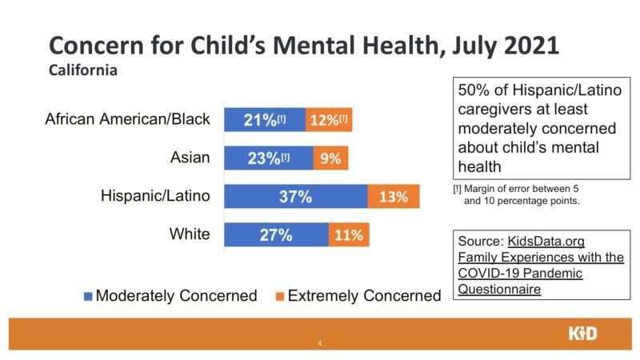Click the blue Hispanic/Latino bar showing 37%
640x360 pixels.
(295, 197)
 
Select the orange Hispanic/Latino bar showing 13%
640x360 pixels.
(394, 197)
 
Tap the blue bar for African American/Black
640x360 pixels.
(264, 120)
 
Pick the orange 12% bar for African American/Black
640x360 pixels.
(328, 120)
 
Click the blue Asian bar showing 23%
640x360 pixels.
(268, 158)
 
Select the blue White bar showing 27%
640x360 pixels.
(275, 235)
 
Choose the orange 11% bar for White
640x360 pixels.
(349, 235)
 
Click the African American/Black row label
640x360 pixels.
(127, 120)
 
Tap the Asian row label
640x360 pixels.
(190, 158)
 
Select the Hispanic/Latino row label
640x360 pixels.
(154, 197)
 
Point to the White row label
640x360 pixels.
(190, 235)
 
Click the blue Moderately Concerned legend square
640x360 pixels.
(88, 296)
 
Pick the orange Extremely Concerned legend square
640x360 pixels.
(279, 296)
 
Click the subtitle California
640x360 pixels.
(83, 70)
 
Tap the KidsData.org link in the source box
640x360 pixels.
(545, 241)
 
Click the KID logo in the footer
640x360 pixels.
(582, 334)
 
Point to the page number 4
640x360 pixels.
(320, 344)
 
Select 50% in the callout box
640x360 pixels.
(474, 90)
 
